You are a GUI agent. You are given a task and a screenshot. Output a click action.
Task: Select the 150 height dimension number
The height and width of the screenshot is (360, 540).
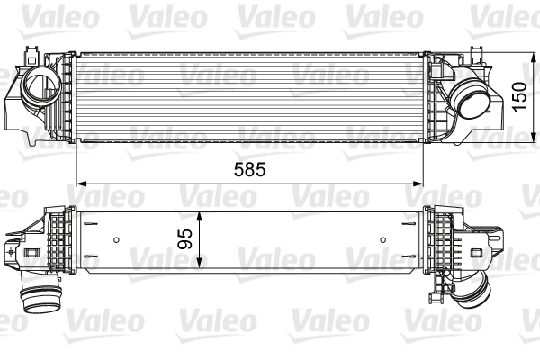tap(519, 94)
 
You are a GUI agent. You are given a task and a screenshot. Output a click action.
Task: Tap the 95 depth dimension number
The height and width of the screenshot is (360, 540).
tap(185, 239)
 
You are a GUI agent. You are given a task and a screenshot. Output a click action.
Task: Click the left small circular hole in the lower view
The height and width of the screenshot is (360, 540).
tap(118, 239)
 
